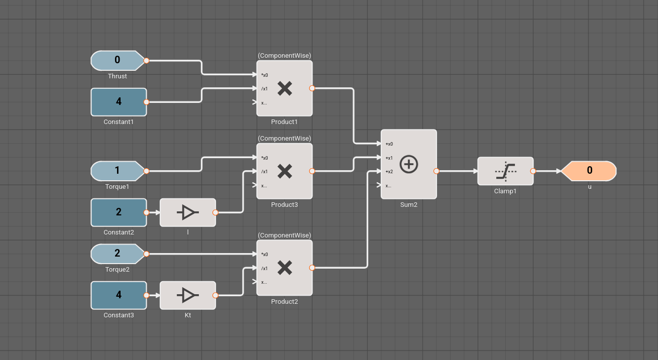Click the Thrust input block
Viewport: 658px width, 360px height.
(x=118, y=60)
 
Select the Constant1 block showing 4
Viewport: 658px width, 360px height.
(x=119, y=102)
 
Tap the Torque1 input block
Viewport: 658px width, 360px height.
(x=118, y=171)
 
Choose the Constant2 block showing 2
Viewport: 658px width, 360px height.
(x=119, y=212)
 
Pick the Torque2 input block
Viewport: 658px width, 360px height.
(x=118, y=254)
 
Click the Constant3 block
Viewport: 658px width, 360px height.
(x=119, y=295)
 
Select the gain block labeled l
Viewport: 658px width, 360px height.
(x=188, y=212)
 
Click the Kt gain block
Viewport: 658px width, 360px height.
(x=188, y=295)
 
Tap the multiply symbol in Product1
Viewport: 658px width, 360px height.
(x=285, y=89)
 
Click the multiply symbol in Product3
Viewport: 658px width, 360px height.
(x=285, y=172)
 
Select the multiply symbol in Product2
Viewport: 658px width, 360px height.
(x=285, y=268)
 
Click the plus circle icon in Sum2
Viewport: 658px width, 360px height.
(x=409, y=164)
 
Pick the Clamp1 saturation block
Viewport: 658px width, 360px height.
(x=505, y=171)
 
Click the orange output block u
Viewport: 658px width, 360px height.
(x=589, y=171)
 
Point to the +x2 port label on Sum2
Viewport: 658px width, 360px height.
(x=389, y=172)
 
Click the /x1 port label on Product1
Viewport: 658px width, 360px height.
(x=264, y=89)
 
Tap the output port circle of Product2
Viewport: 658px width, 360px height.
(x=312, y=268)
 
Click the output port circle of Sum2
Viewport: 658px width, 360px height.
(x=436, y=171)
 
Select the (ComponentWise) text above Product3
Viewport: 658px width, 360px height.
(x=284, y=138)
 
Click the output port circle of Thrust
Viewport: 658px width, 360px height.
(x=146, y=61)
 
